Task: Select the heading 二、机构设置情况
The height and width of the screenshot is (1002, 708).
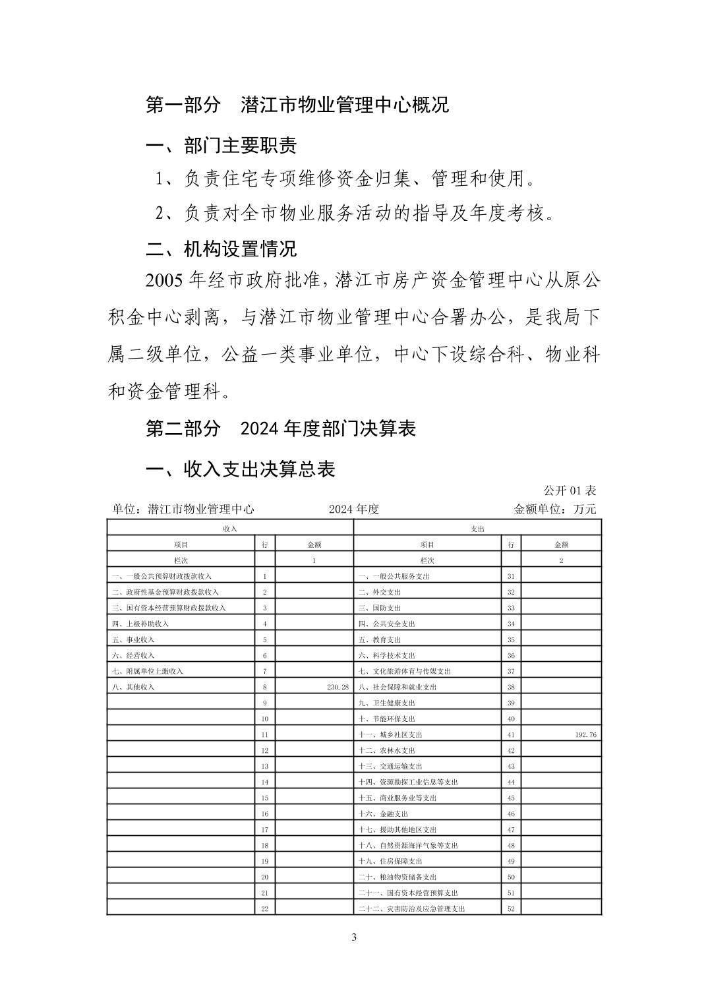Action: pos(221,249)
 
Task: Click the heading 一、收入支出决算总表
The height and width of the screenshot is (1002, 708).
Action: pos(240,469)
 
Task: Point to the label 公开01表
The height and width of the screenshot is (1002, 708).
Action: pos(570,490)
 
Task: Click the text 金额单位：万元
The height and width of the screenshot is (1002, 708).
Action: pos(554,509)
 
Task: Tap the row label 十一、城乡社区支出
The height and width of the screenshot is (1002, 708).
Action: pos(390,734)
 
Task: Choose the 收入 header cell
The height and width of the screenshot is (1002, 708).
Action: pos(230,529)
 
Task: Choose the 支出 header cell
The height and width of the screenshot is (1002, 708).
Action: pos(478,529)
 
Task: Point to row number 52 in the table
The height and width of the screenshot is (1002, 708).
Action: pos(511,908)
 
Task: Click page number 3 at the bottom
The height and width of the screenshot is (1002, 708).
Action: pos(354,937)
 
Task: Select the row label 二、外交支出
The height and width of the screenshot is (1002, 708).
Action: pos(379,592)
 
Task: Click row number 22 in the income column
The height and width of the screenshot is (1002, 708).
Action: pos(264,908)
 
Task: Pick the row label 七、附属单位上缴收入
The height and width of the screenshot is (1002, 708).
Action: pos(148,671)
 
